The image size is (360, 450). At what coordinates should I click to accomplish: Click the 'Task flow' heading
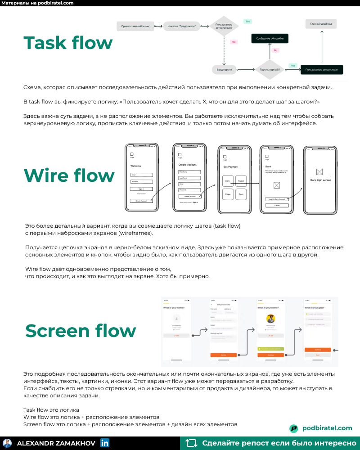coord(68,43)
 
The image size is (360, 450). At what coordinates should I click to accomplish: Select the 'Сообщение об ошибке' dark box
coord(270,39)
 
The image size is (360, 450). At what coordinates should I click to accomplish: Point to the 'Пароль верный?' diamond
coord(270,70)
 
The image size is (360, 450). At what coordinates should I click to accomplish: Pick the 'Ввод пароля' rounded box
coord(224,70)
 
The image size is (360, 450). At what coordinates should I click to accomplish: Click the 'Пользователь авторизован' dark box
coord(322,70)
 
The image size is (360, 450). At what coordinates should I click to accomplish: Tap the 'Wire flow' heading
coord(69,175)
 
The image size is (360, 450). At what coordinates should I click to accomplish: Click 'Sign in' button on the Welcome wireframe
coord(141,189)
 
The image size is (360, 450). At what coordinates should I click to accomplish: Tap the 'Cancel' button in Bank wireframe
coord(277,205)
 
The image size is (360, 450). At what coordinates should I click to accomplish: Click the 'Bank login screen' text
coord(320,180)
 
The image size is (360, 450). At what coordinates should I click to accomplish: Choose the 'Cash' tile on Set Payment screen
coord(241,194)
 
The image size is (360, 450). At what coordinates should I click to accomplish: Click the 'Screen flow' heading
coord(80,330)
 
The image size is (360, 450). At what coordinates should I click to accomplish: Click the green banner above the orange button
coord(271,349)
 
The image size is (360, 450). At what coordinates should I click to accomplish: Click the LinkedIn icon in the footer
coord(105,443)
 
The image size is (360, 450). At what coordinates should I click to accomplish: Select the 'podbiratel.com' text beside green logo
coord(327,428)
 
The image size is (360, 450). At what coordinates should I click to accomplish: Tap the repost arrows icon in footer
coord(191,443)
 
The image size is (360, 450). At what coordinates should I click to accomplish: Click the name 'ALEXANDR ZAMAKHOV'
coord(56,443)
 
